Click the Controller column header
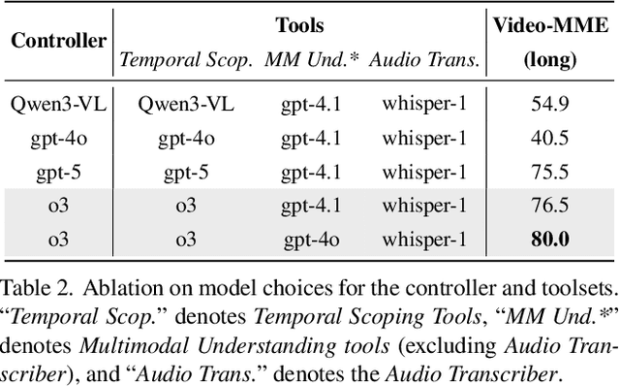tap(58, 42)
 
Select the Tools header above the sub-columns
tap(299, 25)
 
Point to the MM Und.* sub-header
tap(313, 59)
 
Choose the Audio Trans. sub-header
tap(425, 59)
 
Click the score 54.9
tap(549, 102)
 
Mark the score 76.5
tap(549, 205)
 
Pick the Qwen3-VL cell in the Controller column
tap(58, 102)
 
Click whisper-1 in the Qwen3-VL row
tap(424, 102)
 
